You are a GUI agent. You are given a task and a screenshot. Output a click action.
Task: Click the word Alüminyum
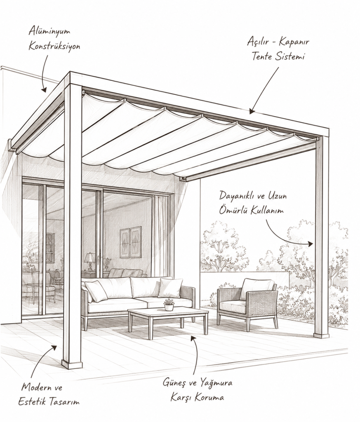point(49,31)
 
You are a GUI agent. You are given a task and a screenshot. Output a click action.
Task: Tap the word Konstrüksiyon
point(54,46)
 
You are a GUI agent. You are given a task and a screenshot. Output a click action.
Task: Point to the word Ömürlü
point(233,210)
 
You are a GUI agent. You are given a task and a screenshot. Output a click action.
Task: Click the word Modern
point(35,387)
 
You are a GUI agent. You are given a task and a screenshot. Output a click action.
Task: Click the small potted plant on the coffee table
point(169,305)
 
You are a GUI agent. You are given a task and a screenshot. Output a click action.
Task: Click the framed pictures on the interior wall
point(131,242)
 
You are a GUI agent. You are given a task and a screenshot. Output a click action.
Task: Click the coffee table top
point(168,313)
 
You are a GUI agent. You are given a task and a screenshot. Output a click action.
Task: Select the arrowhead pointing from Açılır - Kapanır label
point(252,111)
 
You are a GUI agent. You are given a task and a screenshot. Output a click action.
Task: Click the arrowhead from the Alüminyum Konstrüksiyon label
point(44,89)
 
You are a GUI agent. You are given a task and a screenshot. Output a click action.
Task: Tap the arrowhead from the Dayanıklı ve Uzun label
point(310,244)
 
